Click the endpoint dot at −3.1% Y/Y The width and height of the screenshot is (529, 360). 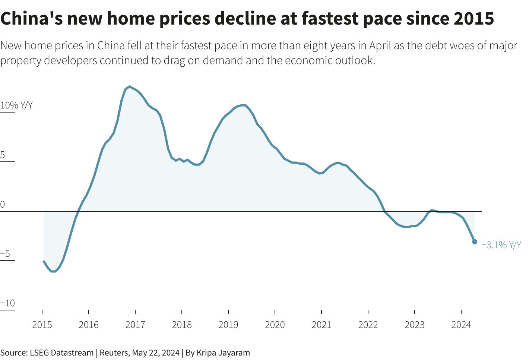coord(475,242)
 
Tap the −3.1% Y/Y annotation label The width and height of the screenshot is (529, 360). coord(501,245)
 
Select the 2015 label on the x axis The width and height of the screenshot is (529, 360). coord(42,325)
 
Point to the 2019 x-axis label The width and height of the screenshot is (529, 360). coord(228,325)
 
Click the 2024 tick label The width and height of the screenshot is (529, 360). coord(461,325)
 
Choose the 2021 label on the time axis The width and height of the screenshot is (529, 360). coord(321,325)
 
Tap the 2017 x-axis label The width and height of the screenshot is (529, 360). coord(135,325)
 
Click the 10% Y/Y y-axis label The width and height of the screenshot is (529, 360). coord(16,105)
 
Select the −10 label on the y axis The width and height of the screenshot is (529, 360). coord(7,303)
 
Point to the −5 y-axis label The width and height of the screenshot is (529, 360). coord(5,254)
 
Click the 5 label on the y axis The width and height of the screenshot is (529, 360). coord(3,155)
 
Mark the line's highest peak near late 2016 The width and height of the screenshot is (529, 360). coord(129,86)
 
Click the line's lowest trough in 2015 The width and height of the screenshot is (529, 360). coord(53,271)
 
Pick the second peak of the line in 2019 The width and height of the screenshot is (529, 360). coord(243,105)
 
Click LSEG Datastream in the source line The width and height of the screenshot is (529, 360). coord(61,353)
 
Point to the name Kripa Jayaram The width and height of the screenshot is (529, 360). coord(223,353)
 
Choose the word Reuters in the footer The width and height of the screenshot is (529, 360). coord(114,353)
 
